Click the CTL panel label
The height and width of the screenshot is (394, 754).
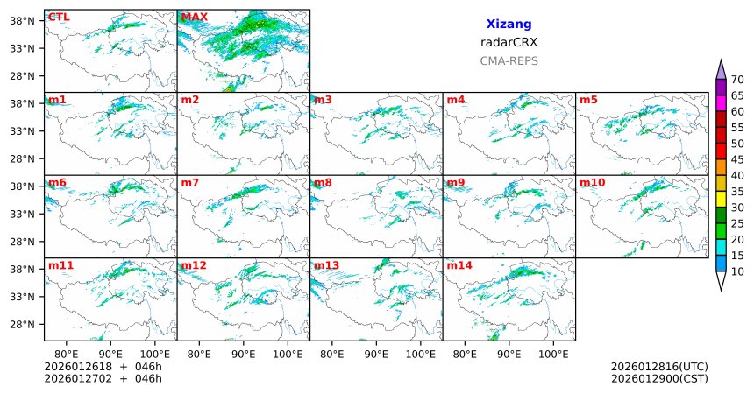tap(59, 17)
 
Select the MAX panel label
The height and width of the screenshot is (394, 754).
tap(194, 17)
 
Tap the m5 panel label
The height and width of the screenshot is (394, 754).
tap(587, 100)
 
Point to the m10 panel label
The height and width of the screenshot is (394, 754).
tap(592, 182)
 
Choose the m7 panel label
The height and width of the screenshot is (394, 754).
tap(190, 182)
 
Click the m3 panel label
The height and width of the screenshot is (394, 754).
tap(323, 100)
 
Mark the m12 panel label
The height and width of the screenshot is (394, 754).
tap(194, 265)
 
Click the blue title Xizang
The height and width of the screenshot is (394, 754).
tap(509, 25)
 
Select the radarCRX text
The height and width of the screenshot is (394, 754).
tap(509, 42)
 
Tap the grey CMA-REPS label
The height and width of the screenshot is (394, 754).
tap(509, 61)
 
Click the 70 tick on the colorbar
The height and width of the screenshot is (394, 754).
tap(737, 79)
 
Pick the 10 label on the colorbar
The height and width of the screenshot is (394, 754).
tap(737, 272)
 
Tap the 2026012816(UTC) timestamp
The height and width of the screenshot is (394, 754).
tap(659, 366)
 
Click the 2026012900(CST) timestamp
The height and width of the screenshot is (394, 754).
tap(659, 379)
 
